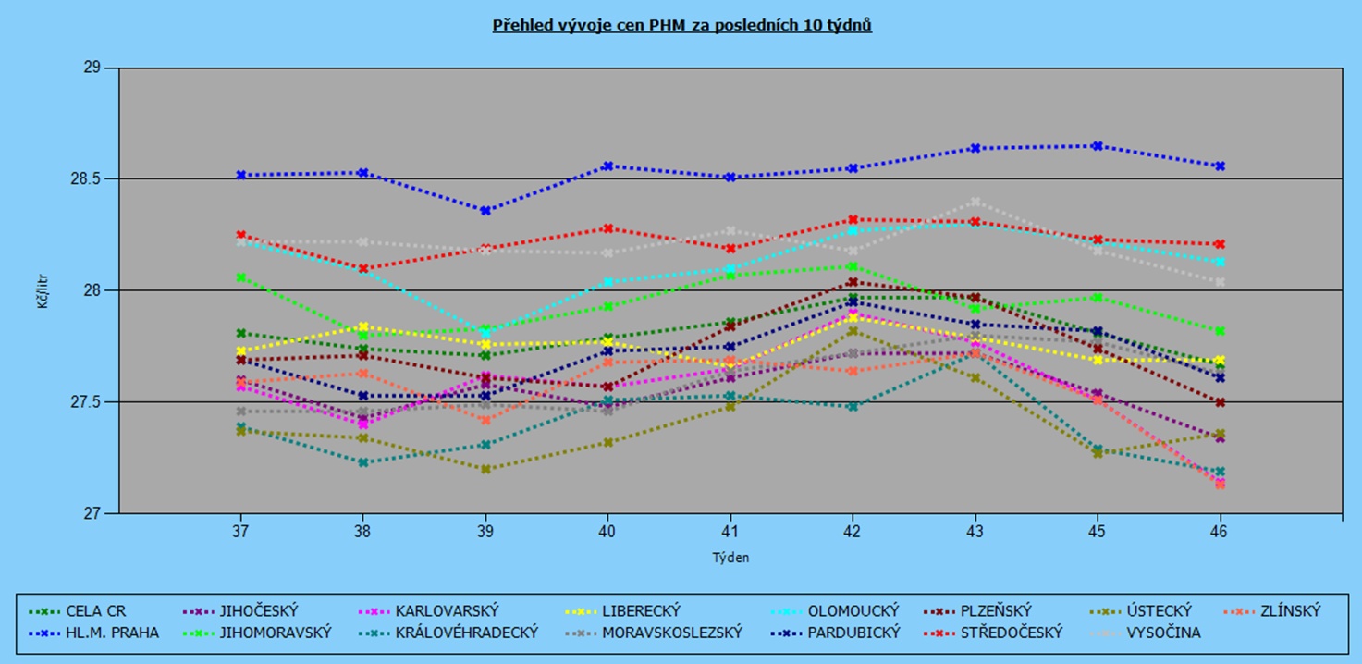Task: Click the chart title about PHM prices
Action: pyautogui.click(x=681, y=25)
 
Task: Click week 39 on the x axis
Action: pyautogui.click(x=485, y=533)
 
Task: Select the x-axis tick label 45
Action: pyautogui.click(x=1098, y=533)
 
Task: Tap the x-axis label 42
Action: pyautogui.click(x=853, y=533)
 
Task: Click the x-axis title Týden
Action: pyautogui.click(x=730, y=558)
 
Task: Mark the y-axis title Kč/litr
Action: pyautogui.click(x=43, y=290)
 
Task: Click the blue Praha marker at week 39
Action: pyautogui.click(x=485, y=211)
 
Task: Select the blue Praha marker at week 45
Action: pyautogui.click(x=1098, y=146)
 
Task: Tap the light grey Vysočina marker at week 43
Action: pyautogui.click(x=975, y=202)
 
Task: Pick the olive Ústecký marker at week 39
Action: pyautogui.click(x=485, y=469)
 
